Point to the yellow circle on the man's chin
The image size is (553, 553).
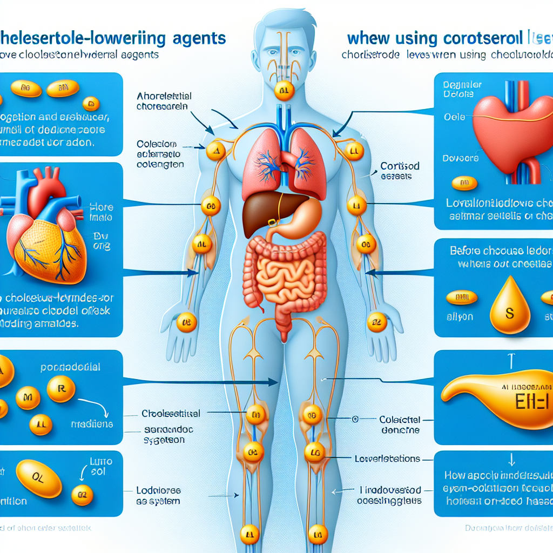pyautogui.click(x=284, y=91)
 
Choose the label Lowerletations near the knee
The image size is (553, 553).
pyautogui.click(x=387, y=458)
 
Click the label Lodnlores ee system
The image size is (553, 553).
pyautogui.click(x=158, y=495)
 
